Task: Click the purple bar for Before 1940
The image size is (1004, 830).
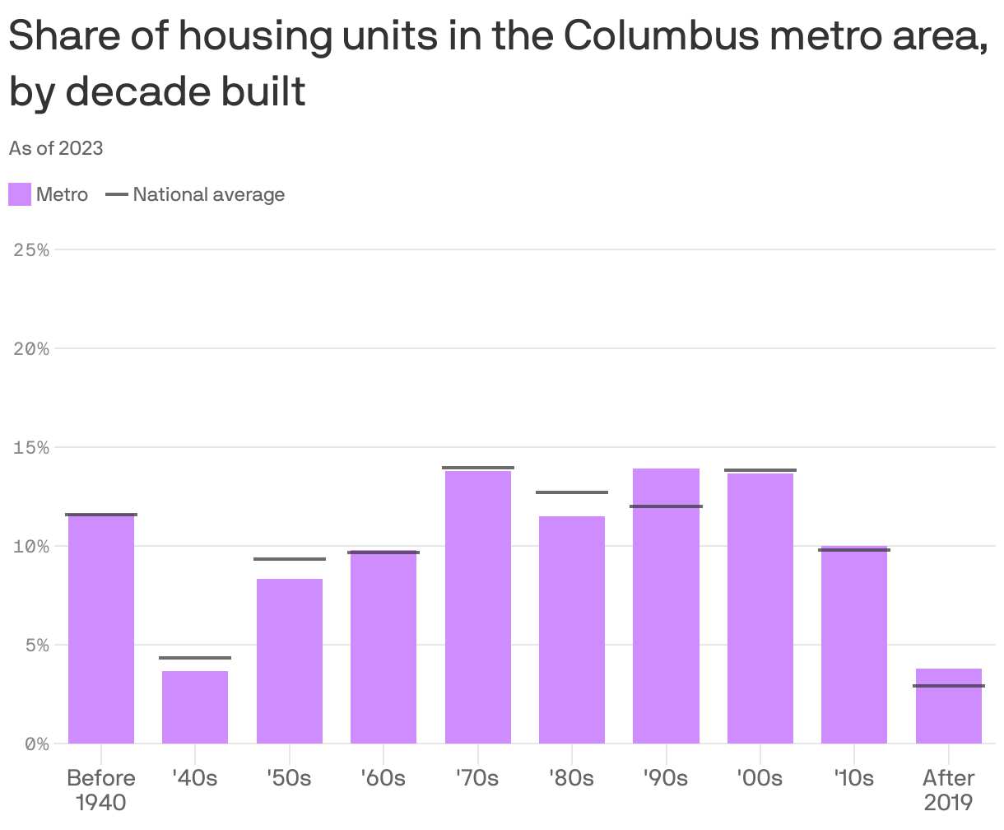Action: pyautogui.click(x=101, y=630)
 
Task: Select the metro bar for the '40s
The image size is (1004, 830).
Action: pyautogui.click(x=195, y=707)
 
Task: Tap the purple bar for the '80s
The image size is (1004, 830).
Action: pyautogui.click(x=572, y=630)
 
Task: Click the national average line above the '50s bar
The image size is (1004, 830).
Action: pyautogui.click(x=290, y=559)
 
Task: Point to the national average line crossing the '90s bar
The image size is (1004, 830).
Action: pyautogui.click(x=666, y=506)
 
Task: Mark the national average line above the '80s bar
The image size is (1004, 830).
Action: pyautogui.click(x=572, y=492)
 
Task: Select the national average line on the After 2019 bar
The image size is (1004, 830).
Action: pyautogui.click(x=949, y=686)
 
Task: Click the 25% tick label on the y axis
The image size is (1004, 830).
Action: pyautogui.click(x=32, y=249)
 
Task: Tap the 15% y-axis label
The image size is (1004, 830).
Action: pyautogui.click(x=32, y=447)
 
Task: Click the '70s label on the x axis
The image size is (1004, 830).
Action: pyautogui.click(x=477, y=778)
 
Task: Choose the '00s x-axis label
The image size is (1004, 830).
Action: pyautogui.click(x=760, y=778)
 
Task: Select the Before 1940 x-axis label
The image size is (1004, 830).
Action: pyautogui.click(x=101, y=789)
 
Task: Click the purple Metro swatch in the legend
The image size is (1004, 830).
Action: pyautogui.click(x=20, y=195)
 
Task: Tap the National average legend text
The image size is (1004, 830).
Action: pyautogui.click(x=208, y=195)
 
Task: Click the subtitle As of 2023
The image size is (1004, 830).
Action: pyautogui.click(x=56, y=148)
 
